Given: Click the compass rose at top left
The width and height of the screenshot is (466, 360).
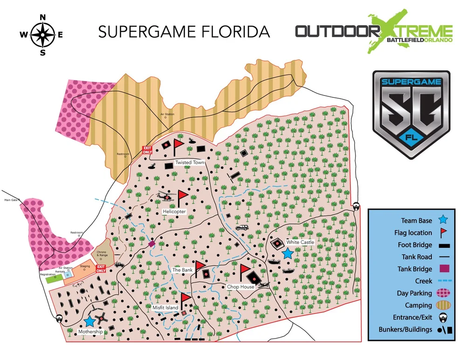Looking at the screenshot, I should click(43, 34).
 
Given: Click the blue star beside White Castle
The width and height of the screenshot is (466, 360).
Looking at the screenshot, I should click(288, 253).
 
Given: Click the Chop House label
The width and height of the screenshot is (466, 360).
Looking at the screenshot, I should click(241, 287).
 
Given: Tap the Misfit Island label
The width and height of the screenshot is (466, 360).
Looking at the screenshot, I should click(165, 308).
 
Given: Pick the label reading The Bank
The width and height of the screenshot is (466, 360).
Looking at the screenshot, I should click(183, 270).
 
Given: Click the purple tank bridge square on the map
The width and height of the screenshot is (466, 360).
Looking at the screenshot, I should click(151, 244).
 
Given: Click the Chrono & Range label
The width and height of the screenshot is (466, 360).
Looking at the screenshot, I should click(102, 253).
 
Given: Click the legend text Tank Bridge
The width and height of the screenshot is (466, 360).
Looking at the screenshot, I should click(415, 269).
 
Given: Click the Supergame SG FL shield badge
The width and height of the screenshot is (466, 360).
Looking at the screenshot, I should click(411, 115).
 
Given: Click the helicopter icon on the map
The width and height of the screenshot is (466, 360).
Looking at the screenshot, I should click(165, 197).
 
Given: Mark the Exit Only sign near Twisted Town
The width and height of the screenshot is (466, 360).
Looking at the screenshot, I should click(147, 149).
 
